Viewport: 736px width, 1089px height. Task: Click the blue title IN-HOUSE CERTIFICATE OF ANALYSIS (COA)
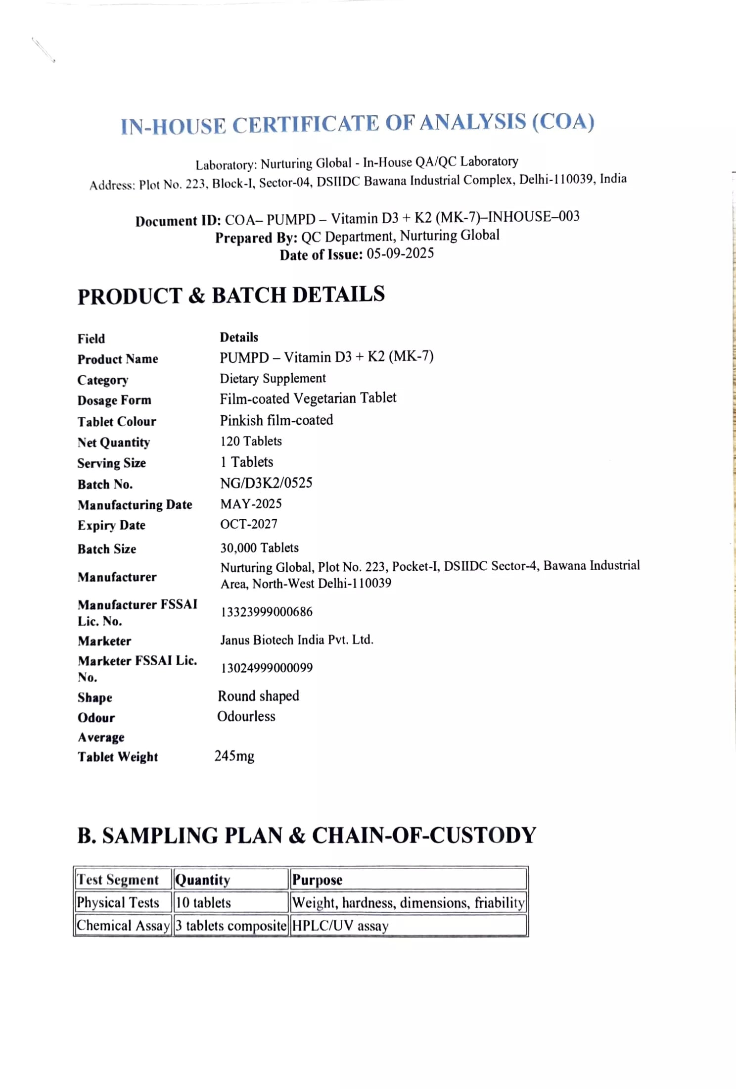[357, 124]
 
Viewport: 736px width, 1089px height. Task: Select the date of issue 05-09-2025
[400, 253]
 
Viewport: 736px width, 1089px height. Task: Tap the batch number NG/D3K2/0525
[266, 483]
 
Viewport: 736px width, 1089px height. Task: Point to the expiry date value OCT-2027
[249, 524]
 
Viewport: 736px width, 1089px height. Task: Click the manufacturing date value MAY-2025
[251, 503]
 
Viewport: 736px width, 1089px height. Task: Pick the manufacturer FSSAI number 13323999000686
[267, 612]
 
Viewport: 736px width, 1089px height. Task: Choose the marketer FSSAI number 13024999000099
[267, 668]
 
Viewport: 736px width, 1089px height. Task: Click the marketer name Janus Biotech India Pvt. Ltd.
[297, 640]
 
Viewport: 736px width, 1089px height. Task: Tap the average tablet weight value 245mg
[234, 756]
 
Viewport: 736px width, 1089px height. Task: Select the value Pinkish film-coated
[276, 420]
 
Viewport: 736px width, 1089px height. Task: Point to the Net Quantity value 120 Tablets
[251, 441]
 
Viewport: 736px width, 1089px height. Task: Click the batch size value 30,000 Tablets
[260, 547]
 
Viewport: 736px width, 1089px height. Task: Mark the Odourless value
[246, 716]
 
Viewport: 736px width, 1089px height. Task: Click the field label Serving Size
[111, 463]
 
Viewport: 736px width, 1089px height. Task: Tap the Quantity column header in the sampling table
[203, 880]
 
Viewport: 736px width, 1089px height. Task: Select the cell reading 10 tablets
[203, 902]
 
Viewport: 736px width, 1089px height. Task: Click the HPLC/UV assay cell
[340, 925]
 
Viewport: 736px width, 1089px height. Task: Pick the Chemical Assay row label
[123, 925]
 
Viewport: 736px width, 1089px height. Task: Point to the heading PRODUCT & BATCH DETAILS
[231, 296]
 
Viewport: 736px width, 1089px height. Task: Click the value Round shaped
[259, 696]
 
